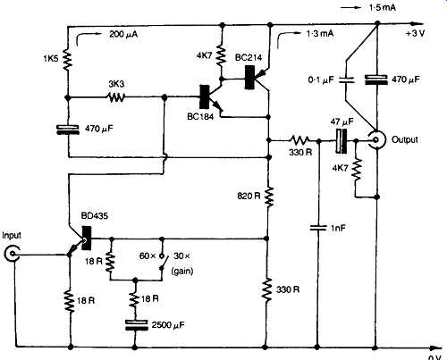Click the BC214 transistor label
coord(249,57)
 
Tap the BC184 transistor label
coord(200,116)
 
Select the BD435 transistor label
coord(95,215)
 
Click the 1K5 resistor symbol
coord(68,61)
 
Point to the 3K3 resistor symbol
coord(116,96)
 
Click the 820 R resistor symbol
coord(269,197)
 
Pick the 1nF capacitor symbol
coord(318,228)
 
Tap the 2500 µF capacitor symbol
coord(136,325)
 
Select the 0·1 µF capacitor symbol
coord(346,80)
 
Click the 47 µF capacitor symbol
coord(342,141)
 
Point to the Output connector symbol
coord(376,139)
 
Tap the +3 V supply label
coord(415,33)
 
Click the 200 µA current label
coord(123,34)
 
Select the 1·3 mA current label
coord(319,34)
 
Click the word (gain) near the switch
coord(182,272)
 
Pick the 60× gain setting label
coord(148,255)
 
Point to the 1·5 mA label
coord(383,8)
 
